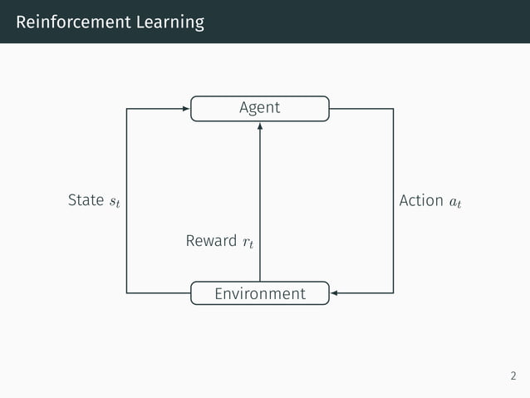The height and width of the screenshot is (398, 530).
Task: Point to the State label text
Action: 86,200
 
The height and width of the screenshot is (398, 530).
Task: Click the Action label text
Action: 421,200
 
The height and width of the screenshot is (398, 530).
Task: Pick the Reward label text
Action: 211,241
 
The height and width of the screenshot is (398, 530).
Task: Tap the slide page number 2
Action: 513,376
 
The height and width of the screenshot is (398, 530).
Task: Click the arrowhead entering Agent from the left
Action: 186,108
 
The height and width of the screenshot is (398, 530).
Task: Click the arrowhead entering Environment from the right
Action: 334,293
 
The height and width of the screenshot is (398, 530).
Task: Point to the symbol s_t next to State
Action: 114,202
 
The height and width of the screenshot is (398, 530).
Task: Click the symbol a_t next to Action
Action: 456,202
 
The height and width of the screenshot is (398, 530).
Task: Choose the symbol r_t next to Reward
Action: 248,243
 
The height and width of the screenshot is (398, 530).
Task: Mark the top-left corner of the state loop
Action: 126,108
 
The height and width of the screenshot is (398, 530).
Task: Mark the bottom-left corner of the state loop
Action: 126,293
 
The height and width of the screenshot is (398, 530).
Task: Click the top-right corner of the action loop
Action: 393,108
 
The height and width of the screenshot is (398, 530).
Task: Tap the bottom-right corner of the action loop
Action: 393,293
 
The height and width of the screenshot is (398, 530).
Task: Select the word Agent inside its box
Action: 259,107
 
